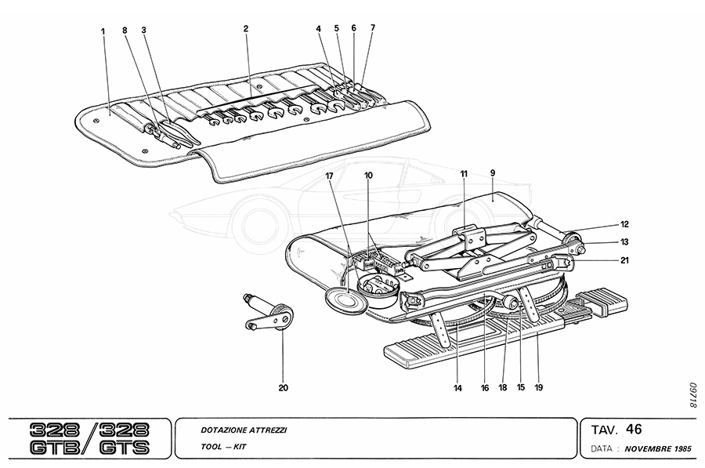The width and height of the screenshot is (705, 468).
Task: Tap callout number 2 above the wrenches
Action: pyautogui.click(x=246, y=29)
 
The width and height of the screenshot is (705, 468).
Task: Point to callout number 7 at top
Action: pyautogui.click(x=374, y=27)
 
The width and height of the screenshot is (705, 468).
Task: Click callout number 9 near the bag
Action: pyautogui.click(x=493, y=173)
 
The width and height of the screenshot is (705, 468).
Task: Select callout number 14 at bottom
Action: pyautogui.click(x=457, y=386)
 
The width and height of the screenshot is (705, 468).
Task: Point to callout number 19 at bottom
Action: pyautogui.click(x=540, y=386)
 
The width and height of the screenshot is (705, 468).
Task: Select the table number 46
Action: pyautogui.click(x=634, y=429)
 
